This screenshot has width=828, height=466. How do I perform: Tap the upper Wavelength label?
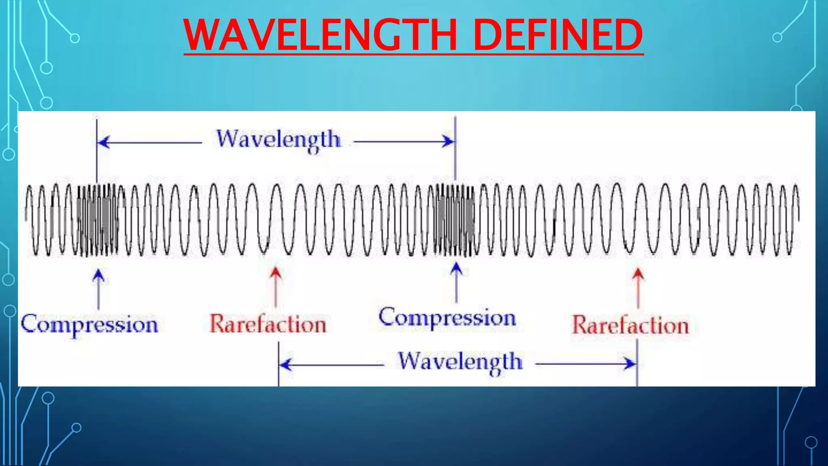coord(278,140)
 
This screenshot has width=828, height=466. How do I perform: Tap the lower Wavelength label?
coord(460,361)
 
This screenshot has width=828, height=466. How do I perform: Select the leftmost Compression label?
coord(89,324)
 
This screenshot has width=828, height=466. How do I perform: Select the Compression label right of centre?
coord(447,318)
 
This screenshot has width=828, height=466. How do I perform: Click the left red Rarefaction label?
coord(268,324)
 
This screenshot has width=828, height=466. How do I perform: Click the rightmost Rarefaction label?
coord(630,325)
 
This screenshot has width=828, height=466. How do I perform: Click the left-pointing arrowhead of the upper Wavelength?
coord(103,142)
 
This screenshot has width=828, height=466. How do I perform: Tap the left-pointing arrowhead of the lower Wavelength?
coord(285,364)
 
